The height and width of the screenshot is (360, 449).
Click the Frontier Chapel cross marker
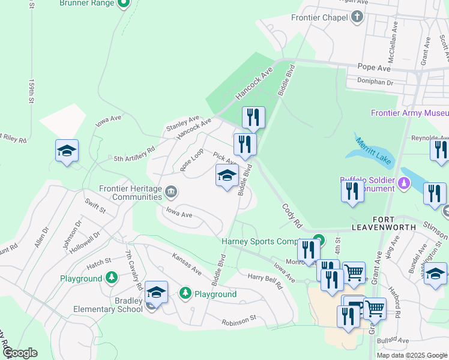coord(358,17)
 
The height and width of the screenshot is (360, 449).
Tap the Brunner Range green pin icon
coord(124,3)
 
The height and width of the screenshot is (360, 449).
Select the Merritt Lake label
coord(373,152)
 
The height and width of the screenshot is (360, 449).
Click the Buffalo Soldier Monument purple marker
coord(405,183)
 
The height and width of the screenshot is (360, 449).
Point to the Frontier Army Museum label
coord(409,113)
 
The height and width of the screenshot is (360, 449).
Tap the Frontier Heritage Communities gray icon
coord(171,193)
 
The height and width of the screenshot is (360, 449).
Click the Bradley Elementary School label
coord(103,305)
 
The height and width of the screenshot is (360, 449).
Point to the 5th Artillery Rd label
coord(135,154)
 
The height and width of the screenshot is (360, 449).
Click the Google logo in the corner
coord(19,353)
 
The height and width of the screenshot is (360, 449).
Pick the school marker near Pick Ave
coord(227,176)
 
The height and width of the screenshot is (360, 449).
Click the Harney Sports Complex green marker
coord(319,241)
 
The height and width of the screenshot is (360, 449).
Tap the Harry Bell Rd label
coord(265,281)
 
